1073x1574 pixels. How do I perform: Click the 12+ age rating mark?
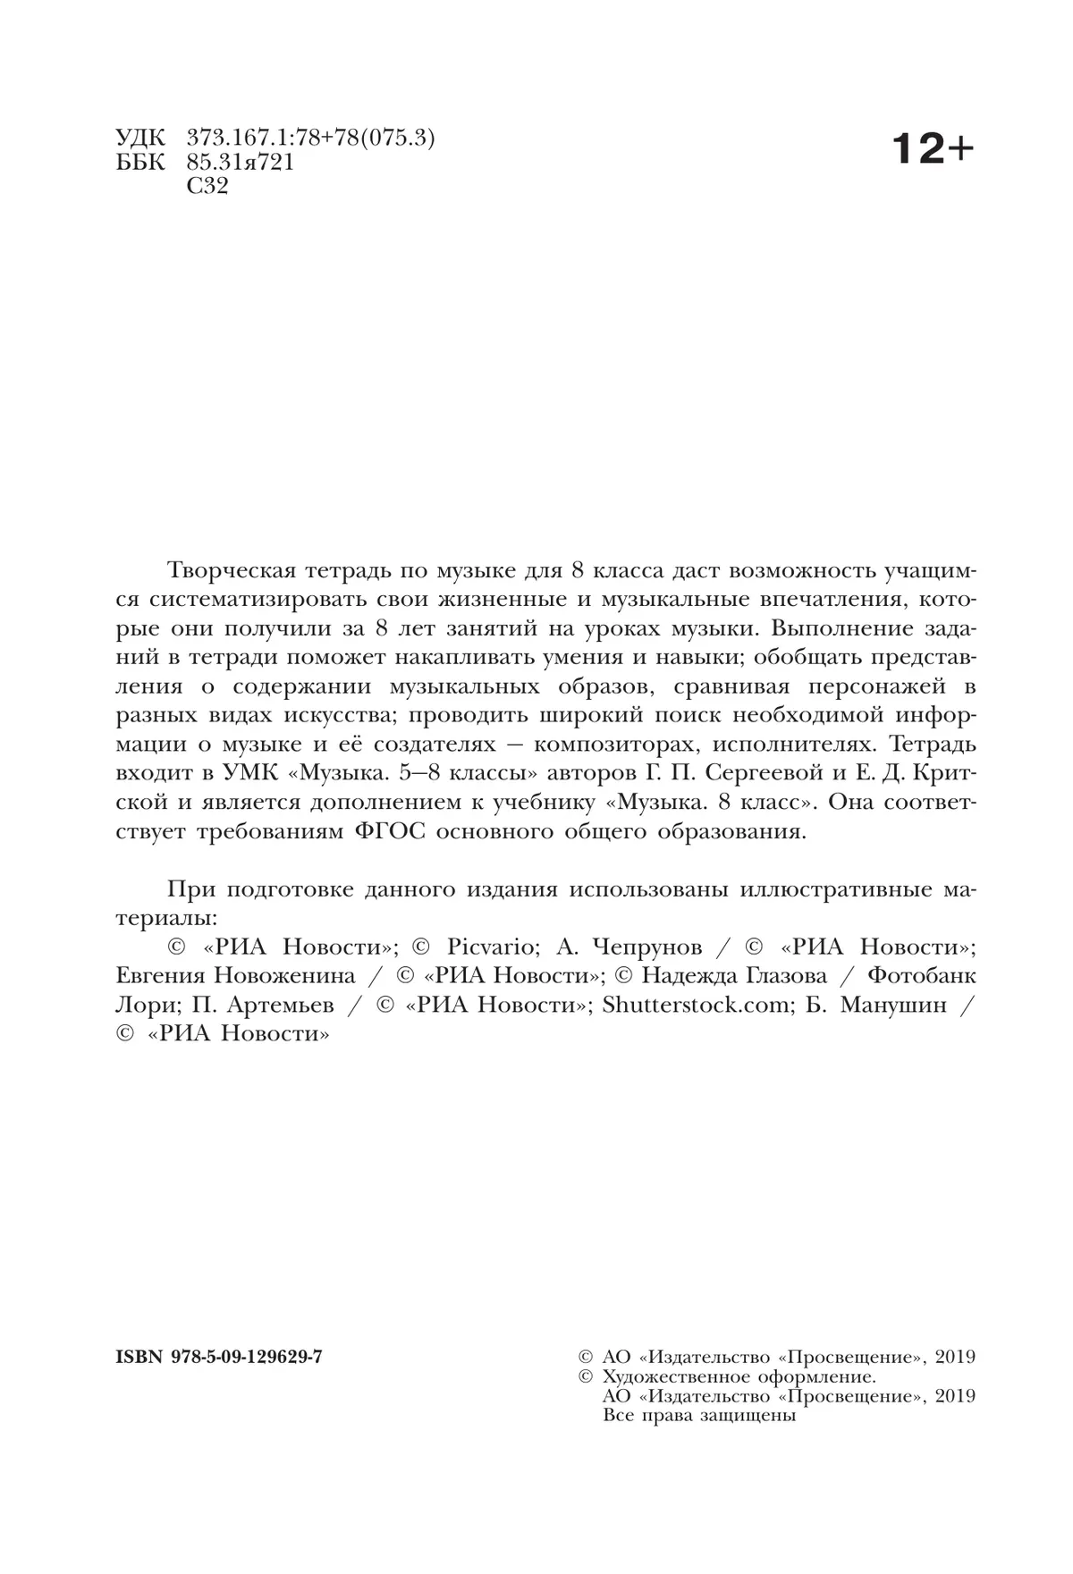(x=931, y=149)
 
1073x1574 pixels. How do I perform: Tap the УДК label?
(x=140, y=139)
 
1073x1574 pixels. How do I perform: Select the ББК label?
(x=140, y=163)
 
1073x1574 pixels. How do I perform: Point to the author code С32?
(x=207, y=186)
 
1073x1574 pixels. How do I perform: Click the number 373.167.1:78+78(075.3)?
(x=311, y=139)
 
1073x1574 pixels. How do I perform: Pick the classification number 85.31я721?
(x=241, y=163)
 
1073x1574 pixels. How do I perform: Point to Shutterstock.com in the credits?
(x=697, y=1005)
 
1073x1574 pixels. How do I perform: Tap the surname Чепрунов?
(x=652, y=947)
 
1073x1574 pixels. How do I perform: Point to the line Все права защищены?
(x=700, y=1416)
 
